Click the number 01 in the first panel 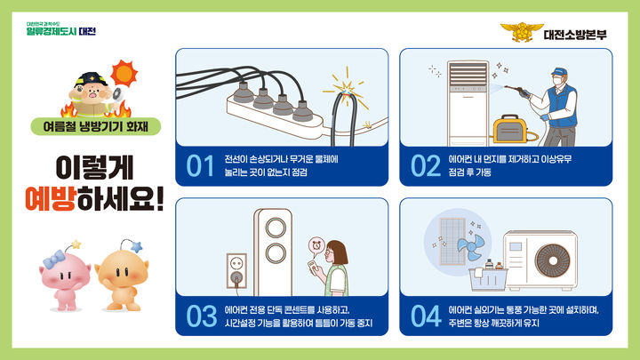coord(202,165)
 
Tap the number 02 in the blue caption coord(426,165)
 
